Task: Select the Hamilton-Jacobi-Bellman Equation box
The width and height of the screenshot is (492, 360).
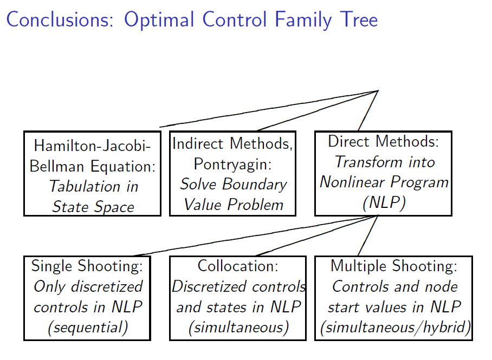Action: (92, 173)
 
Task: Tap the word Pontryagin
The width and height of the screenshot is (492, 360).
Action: (232, 163)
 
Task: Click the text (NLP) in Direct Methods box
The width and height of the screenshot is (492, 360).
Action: (384, 203)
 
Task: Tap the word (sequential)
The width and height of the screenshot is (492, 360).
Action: (87, 328)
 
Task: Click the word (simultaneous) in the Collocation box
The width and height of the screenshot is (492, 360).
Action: (238, 328)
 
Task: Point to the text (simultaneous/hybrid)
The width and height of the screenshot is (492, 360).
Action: (394, 328)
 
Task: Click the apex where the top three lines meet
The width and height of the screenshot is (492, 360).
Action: (378, 90)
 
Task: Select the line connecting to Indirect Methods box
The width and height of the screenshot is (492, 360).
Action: (317, 110)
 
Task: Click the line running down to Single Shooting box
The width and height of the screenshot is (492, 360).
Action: (255, 235)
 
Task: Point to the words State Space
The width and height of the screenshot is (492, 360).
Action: (93, 206)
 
